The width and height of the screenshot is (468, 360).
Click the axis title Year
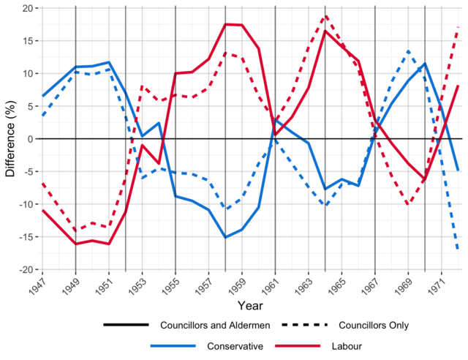[x=250, y=304]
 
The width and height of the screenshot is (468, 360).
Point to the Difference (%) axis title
[x=10, y=139]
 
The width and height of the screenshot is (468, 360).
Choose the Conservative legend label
[x=235, y=345]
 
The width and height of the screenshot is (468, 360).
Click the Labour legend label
[x=347, y=345]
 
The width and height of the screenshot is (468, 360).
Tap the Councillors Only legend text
[x=367, y=325]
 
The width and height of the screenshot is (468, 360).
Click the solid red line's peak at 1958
[x=225, y=24]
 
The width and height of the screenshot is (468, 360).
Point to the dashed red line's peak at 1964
[x=325, y=15]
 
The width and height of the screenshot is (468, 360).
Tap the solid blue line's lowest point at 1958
[x=225, y=237]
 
